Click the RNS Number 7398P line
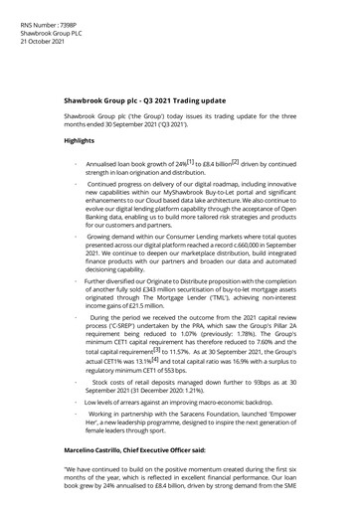39,7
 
